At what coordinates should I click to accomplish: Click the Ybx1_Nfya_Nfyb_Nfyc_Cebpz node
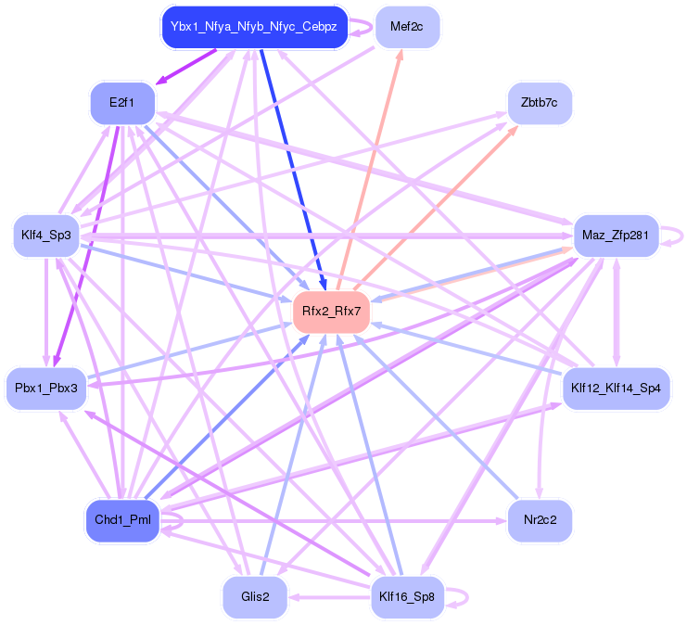253,27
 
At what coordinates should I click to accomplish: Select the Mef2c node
407,27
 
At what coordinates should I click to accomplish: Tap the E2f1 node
121,102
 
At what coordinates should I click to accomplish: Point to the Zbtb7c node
540,102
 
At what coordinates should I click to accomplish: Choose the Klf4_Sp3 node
45,236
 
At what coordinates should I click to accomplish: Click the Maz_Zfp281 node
616,236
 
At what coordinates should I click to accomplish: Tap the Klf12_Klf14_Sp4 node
616,386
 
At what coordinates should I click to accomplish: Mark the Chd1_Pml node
121,520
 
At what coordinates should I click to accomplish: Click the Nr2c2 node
540,520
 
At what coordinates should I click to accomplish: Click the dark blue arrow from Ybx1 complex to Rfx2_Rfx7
292,167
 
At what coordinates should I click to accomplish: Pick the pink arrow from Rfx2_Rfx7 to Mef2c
371,167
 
